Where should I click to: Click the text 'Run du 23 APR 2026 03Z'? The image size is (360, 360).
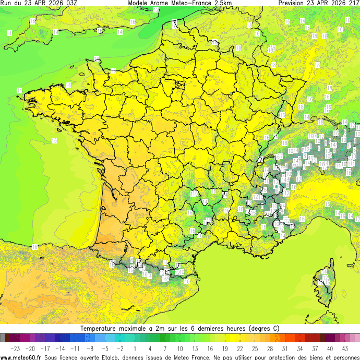[x=39, y=3]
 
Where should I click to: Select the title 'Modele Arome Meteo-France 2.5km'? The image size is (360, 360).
[x=179, y=3]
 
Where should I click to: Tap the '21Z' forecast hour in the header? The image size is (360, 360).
[x=353, y=3]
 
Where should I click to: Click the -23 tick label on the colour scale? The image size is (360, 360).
[x=15, y=348]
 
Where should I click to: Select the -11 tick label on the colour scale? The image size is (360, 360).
[x=75, y=348]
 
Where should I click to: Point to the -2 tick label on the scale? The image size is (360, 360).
[x=120, y=348]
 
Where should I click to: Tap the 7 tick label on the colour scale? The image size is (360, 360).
[x=165, y=348]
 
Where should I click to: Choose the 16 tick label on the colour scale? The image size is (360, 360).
[x=210, y=348]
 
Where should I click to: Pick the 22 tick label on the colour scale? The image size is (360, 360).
[x=240, y=348]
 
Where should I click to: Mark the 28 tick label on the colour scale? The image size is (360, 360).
[x=270, y=348]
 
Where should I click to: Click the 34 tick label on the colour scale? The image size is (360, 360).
[x=300, y=348]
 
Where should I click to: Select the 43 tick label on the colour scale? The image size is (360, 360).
[x=345, y=348]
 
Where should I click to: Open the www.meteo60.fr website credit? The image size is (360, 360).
[x=21, y=357]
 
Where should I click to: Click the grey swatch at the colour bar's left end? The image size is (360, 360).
[x=3, y=338]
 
